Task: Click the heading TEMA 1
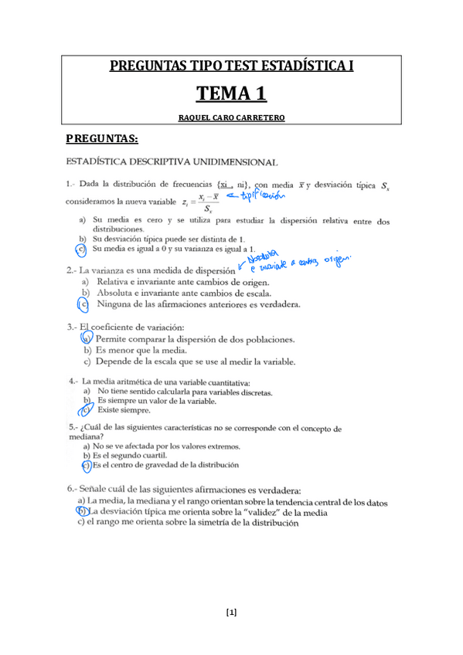tap(231, 94)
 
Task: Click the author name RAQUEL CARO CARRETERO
tap(231, 117)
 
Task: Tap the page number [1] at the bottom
tap(231, 613)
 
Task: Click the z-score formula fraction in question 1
tap(206, 202)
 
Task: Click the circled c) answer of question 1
tap(81, 249)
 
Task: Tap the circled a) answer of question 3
tap(87, 339)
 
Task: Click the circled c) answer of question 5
tap(86, 466)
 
